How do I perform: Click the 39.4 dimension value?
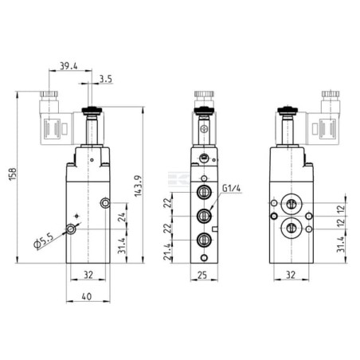[x=68, y=66]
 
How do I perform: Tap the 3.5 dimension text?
[x=106, y=79]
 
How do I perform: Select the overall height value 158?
[x=13, y=174]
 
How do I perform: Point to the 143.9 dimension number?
[x=139, y=186]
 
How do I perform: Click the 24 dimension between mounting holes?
[x=121, y=217]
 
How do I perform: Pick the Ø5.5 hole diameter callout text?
[x=44, y=241]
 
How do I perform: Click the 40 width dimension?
[x=87, y=296]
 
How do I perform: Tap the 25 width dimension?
[x=202, y=275]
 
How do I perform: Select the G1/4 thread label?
[x=231, y=188]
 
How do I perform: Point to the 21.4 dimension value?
[x=167, y=252]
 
